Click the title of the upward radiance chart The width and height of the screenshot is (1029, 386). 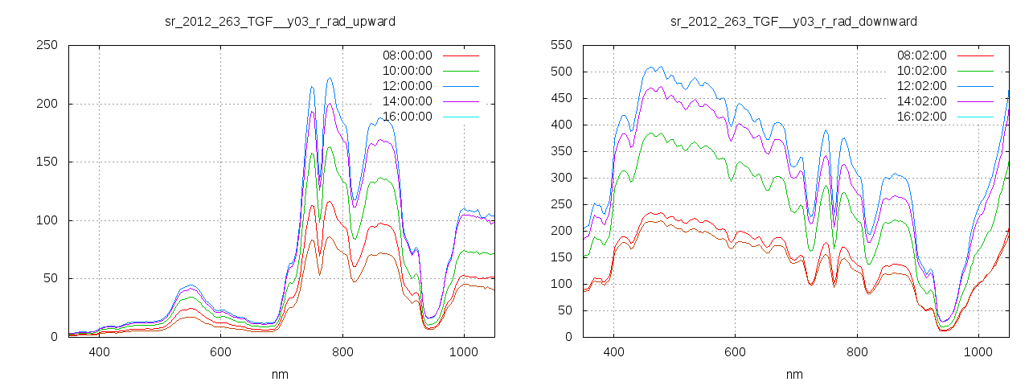(x=280, y=21)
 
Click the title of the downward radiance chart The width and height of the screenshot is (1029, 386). (x=794, y=21)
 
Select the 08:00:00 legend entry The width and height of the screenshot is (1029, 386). (x=407, y=55)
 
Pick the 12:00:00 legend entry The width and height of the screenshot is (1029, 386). (x=407, y=86)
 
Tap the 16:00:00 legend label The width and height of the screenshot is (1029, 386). (x=407, y=117)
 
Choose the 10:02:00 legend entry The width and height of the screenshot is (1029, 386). (x=921, y=71)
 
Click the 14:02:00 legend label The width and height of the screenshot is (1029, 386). (x=921, y=101)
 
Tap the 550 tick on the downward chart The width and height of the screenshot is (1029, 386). (x=560, y=45)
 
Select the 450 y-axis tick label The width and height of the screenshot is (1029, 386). (x=560, y=98)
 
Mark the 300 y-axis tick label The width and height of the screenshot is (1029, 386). (x=560, y=178)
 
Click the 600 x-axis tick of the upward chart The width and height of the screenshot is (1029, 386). (x=221, y=351)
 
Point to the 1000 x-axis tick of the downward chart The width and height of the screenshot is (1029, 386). (x=978, y=351)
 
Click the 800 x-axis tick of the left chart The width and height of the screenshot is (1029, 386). (x=342, y=351)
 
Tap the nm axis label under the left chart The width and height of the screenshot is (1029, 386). (x=281, y=374)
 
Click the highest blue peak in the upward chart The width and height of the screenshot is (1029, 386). (x=330, y=78)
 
